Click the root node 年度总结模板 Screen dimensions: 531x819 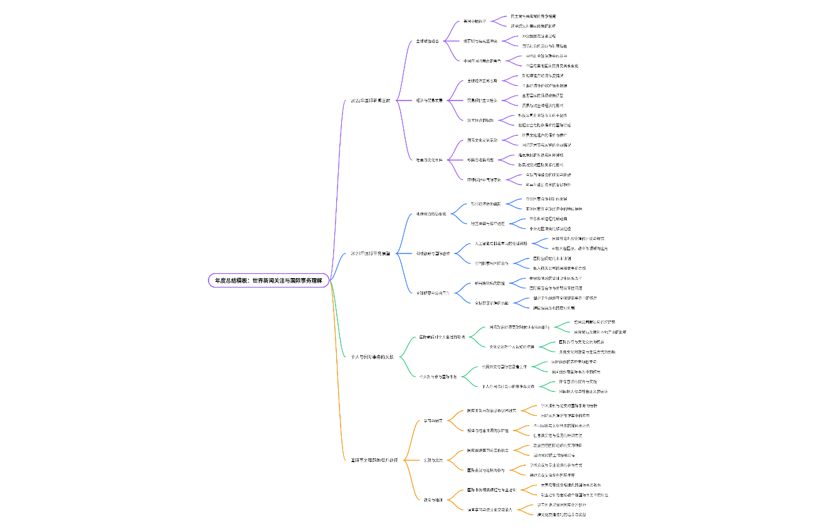(269, 280)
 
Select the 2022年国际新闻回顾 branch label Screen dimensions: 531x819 (370, 101)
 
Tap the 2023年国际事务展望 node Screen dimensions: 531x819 (370, 253)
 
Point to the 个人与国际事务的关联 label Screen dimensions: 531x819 (372, 357)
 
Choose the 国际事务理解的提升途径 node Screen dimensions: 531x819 (374, 460)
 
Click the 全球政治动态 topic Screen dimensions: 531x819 (427, 41)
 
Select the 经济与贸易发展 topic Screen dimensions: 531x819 (429, 101)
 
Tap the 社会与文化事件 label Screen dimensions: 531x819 (429, 160)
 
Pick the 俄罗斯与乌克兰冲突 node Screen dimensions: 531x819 (480, 41)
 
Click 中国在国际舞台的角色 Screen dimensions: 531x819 (482, 61)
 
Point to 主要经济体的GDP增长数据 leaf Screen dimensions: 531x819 (544, 85)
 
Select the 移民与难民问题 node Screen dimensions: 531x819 (480, 160)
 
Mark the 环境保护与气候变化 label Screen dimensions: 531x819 (484, 180)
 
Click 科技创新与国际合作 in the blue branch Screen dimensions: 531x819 (433, 253)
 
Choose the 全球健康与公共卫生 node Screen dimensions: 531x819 (433, 293)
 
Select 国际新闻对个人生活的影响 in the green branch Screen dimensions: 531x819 (442, 337)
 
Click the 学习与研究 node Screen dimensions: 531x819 (433, 420)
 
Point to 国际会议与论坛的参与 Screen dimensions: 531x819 (486, 470)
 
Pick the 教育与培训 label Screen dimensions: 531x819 (433, 499)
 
